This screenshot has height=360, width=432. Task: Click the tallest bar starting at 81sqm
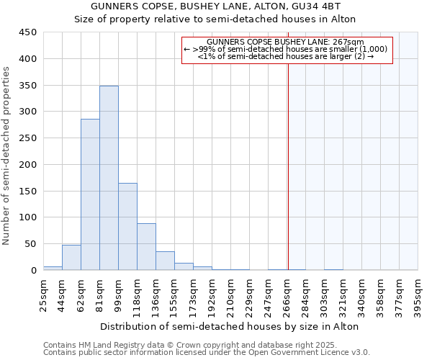tap(109, 178)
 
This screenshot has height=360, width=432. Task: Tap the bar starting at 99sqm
tap(127, 227)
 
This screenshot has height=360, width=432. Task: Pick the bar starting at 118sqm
tap(146, 247)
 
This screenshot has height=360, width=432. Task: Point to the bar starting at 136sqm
tap(165, 261)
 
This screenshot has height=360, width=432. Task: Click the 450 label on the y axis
tap(28, 32)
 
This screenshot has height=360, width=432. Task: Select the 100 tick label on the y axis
tap(28, 217)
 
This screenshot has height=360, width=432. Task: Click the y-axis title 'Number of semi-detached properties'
tap(7, 155)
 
